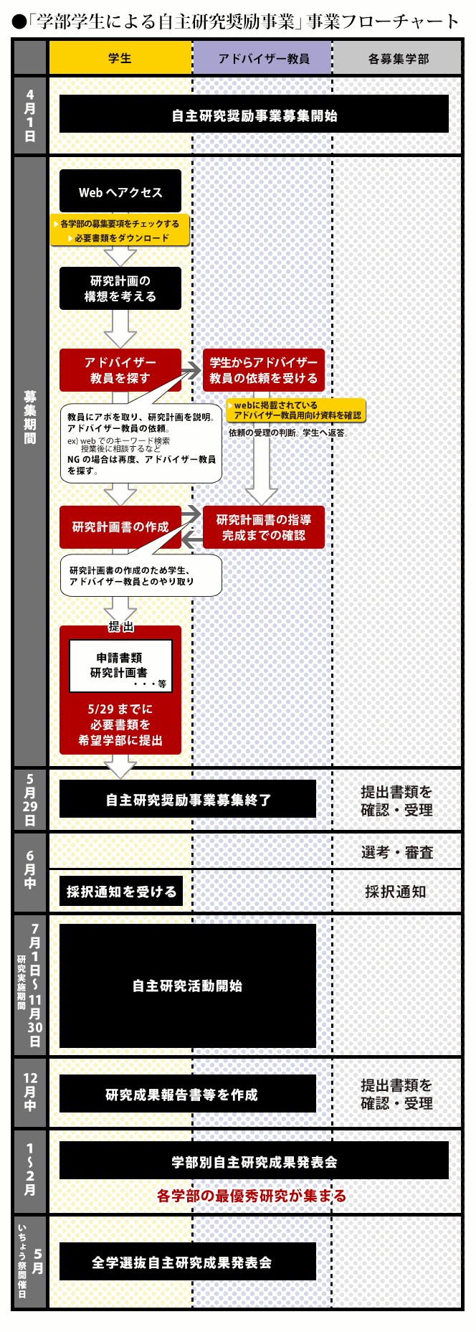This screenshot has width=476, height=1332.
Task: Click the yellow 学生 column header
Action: click(x=120, y=58)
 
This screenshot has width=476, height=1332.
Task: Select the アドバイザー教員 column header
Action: click(x=262, y=58)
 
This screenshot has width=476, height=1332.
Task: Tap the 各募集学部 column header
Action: click(x=398, y=58)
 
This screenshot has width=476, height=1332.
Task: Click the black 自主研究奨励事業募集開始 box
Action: click(x=254, y=115)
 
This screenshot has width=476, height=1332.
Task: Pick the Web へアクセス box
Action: click(x=120, y=192)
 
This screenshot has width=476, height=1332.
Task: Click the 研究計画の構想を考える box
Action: click(x=120, y=288)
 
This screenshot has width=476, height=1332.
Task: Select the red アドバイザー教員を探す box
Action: click(x=120, y=370)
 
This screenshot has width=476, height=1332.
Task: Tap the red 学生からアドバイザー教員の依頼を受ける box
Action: click(x=263, y=370)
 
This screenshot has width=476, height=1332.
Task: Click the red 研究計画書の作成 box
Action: click(x=120, y=527)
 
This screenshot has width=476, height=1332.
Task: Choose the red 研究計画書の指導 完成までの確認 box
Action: click(x=263, y=527)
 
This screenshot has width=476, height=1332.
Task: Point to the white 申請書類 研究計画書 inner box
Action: click(x=120, y=666)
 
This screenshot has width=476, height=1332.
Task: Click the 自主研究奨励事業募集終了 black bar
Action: click(x=188, y=800)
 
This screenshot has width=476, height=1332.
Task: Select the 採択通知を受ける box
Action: click(x=121, y=892)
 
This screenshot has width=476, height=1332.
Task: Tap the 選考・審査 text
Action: click(x=397, y=852)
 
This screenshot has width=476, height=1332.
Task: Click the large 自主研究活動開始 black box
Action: click(x=188, y=986)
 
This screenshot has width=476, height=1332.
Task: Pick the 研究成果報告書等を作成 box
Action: click(x=188, y=1095)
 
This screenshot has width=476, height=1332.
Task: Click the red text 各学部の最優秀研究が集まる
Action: click(x=252, y=1196)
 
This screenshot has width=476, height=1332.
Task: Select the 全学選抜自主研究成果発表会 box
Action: click(x=188, y=1262)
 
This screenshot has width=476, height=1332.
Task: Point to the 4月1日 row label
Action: click(x=30, y=115)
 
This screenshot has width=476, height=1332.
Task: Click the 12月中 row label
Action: click(x=30, y=1092)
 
